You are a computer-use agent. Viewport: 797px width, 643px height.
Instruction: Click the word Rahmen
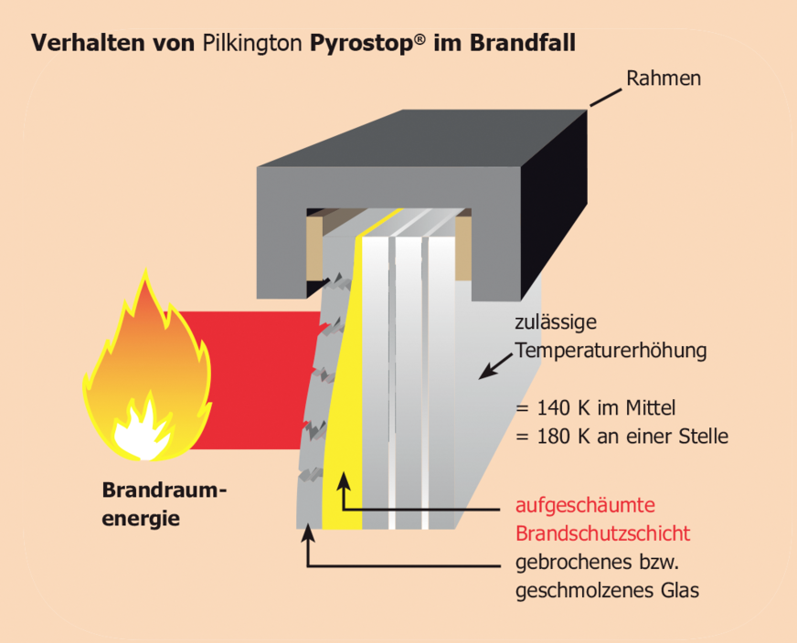tap(663, 79)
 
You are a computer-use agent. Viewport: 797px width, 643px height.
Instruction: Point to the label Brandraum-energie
tap(164, 504)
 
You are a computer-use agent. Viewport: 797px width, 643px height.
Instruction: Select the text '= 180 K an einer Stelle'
tap(622, 436)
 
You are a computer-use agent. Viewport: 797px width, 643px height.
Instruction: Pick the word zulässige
tap(556, 321)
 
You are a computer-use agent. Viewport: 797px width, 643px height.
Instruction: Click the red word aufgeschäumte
tap(586, 504)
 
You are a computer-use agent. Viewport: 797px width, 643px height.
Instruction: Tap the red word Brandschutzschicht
tap(602, 533)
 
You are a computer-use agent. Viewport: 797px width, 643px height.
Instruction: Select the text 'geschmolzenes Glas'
tap(607, 591)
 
